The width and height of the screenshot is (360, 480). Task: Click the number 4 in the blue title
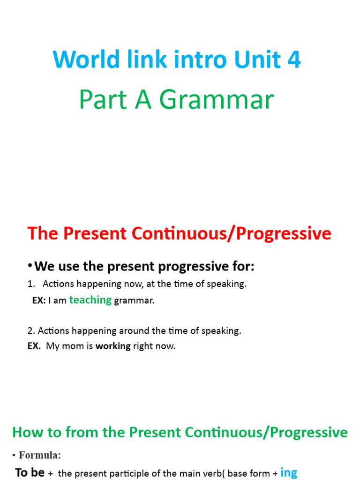(x=293, y=60)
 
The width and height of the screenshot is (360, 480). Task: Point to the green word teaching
(x=90, y=300)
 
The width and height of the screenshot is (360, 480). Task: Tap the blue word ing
(x=289, y=472)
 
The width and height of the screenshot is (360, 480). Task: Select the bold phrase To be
(x=30, y=472)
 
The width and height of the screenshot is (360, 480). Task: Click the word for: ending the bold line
(x=242, y=267)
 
